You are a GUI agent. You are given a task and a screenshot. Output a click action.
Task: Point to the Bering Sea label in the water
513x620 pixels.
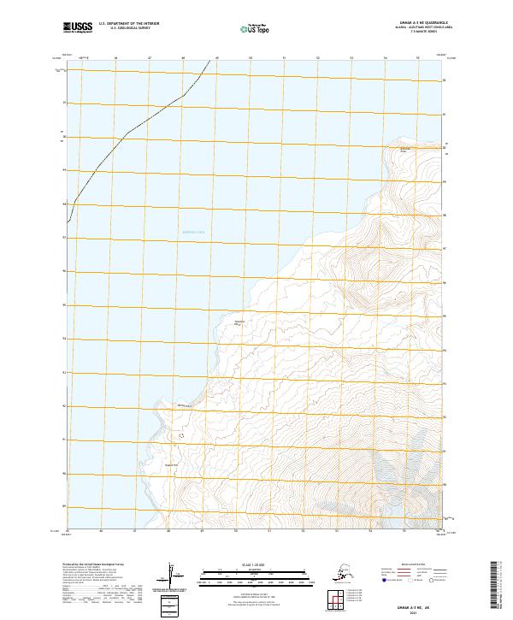196,232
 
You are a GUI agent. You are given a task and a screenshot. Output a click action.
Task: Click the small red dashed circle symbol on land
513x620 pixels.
180,435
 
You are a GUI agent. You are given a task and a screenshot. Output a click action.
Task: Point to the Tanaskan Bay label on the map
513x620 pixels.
240,322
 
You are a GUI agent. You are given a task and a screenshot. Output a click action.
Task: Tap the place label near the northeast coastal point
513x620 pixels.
406,151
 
